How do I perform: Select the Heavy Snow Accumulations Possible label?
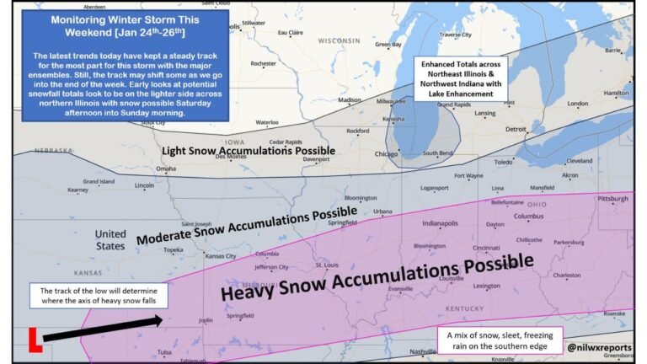pos(377,279)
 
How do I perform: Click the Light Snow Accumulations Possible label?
pos(248,150)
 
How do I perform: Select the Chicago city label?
pos(387,154)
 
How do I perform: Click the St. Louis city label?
pos(326,265)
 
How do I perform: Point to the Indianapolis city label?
pos(440,224)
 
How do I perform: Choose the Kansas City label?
pos(220,255)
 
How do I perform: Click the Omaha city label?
pos(166,169)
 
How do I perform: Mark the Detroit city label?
pos(515,129)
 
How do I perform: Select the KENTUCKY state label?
pos(464,310)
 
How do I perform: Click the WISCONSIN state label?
pos(339,40)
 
